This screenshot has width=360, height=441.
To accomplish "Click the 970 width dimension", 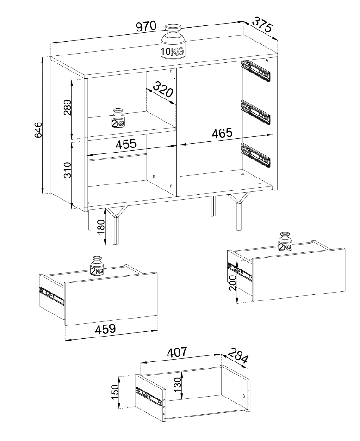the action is (146, 26).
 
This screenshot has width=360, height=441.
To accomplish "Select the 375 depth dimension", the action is (263, 24).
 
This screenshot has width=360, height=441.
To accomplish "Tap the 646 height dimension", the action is (38, 129).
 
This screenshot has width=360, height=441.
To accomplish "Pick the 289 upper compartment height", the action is (68, 107).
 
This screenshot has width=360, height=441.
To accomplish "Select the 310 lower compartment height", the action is (68, 170).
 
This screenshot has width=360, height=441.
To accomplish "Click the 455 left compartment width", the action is (126, 144).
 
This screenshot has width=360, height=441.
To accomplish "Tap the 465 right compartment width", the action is (222, 133).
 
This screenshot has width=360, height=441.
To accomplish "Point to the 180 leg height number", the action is (100, 227).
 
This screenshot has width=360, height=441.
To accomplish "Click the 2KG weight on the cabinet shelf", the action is (118, 118).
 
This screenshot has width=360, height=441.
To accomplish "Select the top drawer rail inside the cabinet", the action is (255, 71).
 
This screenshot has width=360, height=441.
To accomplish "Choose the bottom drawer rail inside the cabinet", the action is (255, 154).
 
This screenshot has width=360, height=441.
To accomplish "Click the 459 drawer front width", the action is (105, 329).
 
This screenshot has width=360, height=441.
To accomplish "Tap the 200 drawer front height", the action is (232, 282).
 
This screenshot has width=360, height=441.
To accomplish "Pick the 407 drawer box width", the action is (177, 352).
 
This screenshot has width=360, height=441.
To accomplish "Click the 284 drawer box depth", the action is (238, 355).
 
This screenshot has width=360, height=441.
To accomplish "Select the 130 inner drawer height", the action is (178, 385).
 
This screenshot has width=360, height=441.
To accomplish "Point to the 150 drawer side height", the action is (115, 392).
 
